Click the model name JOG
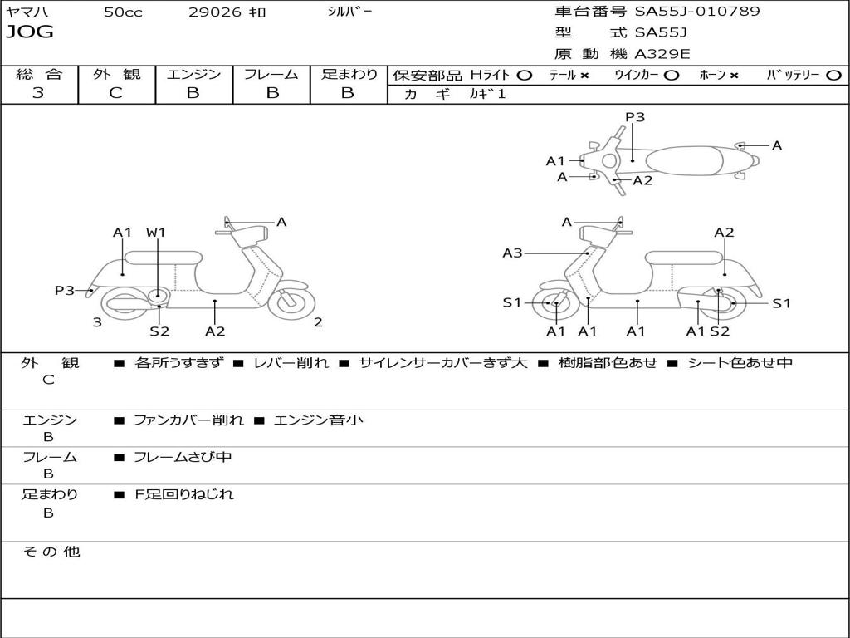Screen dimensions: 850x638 (x=30, y=32)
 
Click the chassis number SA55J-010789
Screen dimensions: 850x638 (x=697, y=12)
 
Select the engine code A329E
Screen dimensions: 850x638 (x=662, y=54)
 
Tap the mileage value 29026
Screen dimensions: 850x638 (x=215, y=12)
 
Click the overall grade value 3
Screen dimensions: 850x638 (x=38, y=93)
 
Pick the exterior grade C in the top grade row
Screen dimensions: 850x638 (x=115, y=93)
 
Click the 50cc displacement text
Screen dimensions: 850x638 (x=123, y=12)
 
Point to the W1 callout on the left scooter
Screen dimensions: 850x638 (x=155, y=233)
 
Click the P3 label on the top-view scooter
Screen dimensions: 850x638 (x=635, y=117)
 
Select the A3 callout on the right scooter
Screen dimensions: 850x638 (x=512, y=253)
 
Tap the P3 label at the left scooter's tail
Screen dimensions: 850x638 (x=65, y=290)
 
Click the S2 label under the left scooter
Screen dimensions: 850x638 (x=159, y=331)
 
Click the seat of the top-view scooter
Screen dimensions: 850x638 (x=684, y=161)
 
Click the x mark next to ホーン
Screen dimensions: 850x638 (x=734, y=76)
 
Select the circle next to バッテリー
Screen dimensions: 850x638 (x=833, y=76)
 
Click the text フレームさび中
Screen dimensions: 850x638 (x=183, y=458)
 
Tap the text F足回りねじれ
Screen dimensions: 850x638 (x=183, y=494)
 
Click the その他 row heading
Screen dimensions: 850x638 (x=51, y=552)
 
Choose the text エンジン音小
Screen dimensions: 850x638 (x=318, y=420)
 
